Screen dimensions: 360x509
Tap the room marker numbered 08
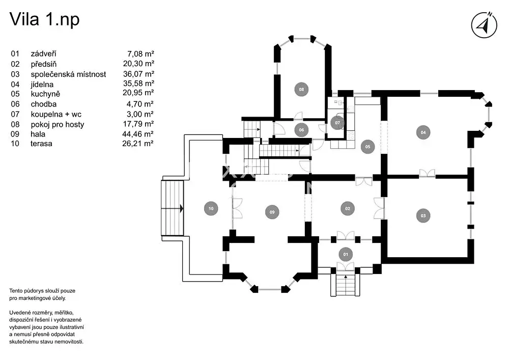(x=301, y=90)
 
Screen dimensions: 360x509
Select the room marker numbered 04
(x=423, y=132)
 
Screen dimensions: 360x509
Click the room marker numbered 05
(x=367, y=147)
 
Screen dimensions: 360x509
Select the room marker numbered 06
(x=301, y=130)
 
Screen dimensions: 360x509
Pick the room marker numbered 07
(x=337, y=123)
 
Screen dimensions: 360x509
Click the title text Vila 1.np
(x=44, y=20)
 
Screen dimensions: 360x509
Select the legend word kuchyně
(x=46, y=94)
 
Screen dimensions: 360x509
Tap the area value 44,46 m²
(x=140, y=134)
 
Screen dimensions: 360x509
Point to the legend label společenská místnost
(x=68, y=74)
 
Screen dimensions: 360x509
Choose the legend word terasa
(x=41, y=144)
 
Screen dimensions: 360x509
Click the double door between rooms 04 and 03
(x=427, y=174)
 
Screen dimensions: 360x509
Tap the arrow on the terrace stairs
(x=181, y=208)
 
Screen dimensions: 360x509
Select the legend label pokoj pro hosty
(x=58, y=124)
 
